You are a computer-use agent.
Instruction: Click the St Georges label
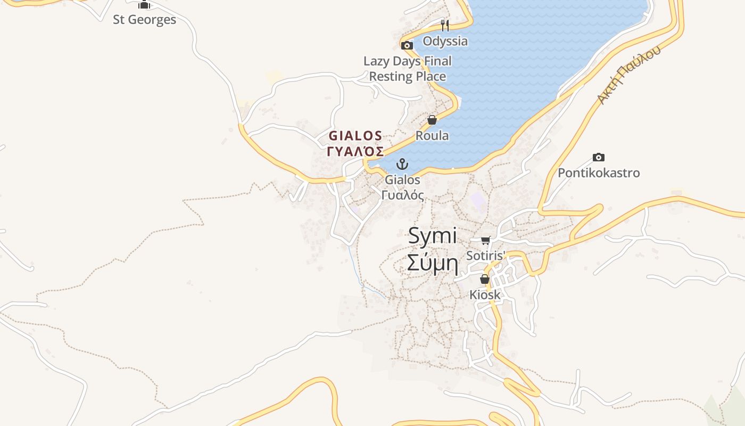click(144, 20)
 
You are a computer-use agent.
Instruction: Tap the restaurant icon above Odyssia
click(445, 25)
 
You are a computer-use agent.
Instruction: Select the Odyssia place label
click(445, 41)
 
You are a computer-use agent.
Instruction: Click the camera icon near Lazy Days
click(407, 46)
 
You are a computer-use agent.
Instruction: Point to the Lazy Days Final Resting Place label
click(407, 69)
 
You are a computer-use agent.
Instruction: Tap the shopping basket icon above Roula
click(432, 120)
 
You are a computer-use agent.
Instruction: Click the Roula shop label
click(432, 136)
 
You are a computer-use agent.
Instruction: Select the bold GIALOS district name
click(355, 136)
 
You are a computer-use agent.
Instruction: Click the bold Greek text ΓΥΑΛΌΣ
click(355, 151)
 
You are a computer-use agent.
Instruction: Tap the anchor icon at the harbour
click(403, 164)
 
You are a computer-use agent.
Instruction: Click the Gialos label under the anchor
click(403, 180)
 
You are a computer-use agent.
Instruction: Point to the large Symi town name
click(433, 236)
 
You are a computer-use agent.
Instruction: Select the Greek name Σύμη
click(433, 263)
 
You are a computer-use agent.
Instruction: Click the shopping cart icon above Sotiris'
click(485, 241)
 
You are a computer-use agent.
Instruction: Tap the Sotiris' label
click(485, 256)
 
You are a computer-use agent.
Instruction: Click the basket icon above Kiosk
click(485, 279)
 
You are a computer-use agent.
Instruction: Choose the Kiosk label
click(485, 294)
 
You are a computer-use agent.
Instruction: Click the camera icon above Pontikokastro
click(599, 157)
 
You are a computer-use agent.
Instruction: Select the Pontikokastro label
click(599, 173)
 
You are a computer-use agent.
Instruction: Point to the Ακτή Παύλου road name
click(628, 75)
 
